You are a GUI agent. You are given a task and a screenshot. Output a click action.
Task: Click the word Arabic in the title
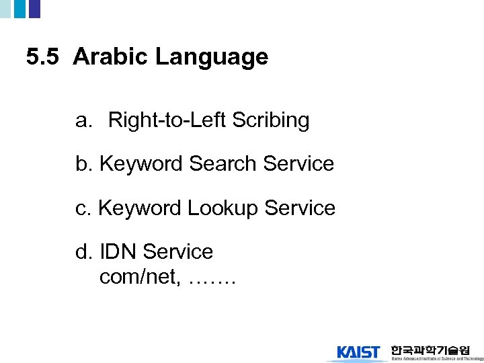[x=111, y=57]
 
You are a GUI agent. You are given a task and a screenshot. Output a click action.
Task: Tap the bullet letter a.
[x=83, y=121]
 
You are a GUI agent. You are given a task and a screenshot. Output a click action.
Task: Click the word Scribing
[x=270, y=122]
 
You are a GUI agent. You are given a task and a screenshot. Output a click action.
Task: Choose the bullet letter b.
[x=83, y=164]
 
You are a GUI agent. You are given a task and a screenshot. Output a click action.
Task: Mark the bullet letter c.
[x=82, y=208]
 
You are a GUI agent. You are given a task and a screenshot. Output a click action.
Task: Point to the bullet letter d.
[x=83, y=252]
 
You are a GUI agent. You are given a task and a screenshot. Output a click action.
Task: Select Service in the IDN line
[x=177, y=252]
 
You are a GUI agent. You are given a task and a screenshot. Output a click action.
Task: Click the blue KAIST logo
[x=358, y=352]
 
